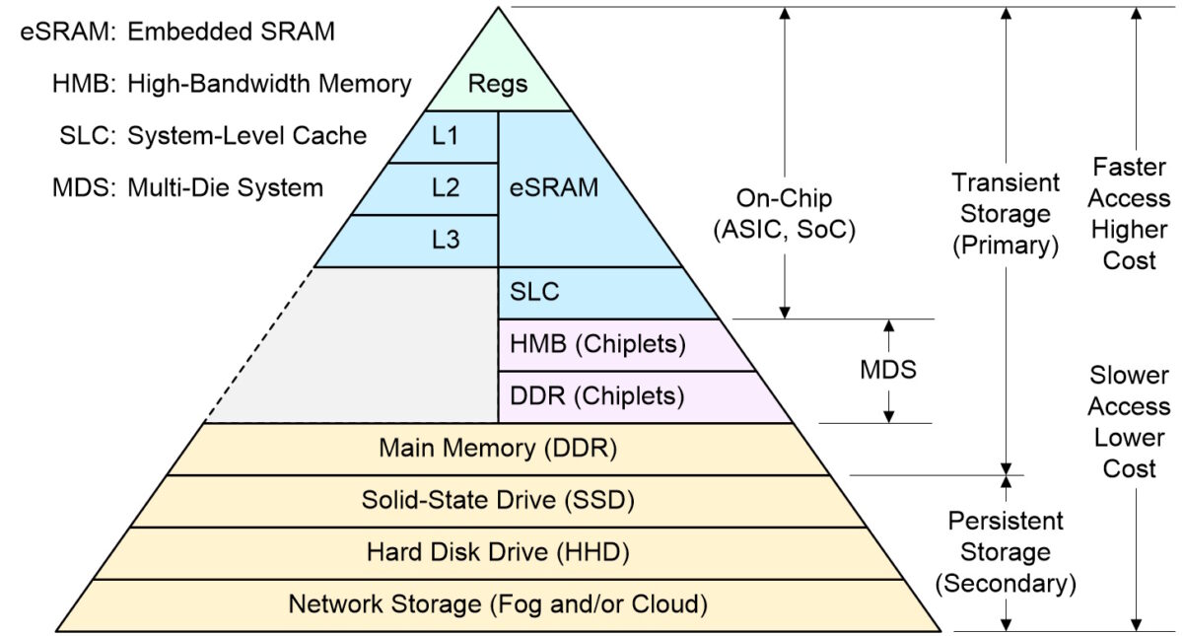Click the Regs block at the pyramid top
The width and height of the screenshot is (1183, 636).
coord(498,84)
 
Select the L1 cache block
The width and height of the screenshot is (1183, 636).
coord(446,136)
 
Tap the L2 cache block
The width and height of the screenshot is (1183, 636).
coord(446,188)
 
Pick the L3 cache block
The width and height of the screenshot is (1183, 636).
coord(446,240)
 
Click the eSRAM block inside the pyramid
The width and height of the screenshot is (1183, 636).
coord(554,187)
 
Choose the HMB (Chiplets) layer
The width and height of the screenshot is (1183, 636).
coord(597,345)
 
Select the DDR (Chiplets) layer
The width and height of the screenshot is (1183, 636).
coord(597,396)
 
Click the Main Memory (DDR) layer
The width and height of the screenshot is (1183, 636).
coord(498,449)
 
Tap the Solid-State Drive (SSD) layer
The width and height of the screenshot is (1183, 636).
coord(498,500)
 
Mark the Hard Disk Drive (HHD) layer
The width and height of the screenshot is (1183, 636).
coord(498,552)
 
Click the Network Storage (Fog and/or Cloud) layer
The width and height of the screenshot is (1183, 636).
coord(498,603)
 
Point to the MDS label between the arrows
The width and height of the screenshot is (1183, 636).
coord(888,371)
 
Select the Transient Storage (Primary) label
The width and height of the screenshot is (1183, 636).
coord(1006,214)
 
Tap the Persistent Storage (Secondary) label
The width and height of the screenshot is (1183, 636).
coord(1006,552)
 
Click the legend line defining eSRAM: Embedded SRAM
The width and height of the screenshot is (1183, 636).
coord(177,32)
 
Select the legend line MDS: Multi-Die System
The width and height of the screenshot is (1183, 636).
coord(187,187)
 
